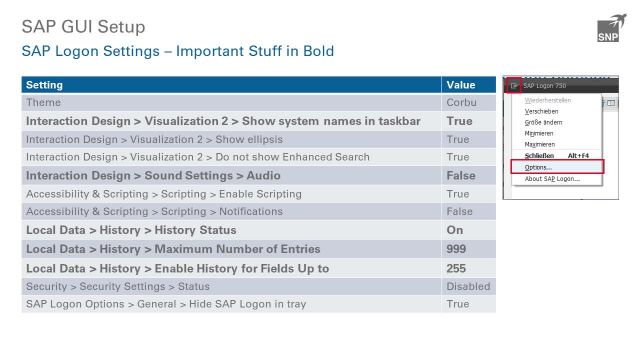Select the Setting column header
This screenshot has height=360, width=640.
44,85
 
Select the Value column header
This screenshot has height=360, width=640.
460,85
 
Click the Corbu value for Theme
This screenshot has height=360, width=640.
462,103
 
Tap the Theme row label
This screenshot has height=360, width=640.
43,103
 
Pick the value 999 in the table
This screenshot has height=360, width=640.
457,249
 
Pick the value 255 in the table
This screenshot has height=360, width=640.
457,268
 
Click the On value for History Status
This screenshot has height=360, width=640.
454,231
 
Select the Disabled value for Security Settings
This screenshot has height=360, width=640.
468,286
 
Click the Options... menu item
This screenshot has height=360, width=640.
538,167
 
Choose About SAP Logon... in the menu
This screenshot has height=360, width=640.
552,179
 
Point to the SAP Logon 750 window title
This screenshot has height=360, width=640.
544,86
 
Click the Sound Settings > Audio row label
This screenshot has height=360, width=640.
153,176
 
